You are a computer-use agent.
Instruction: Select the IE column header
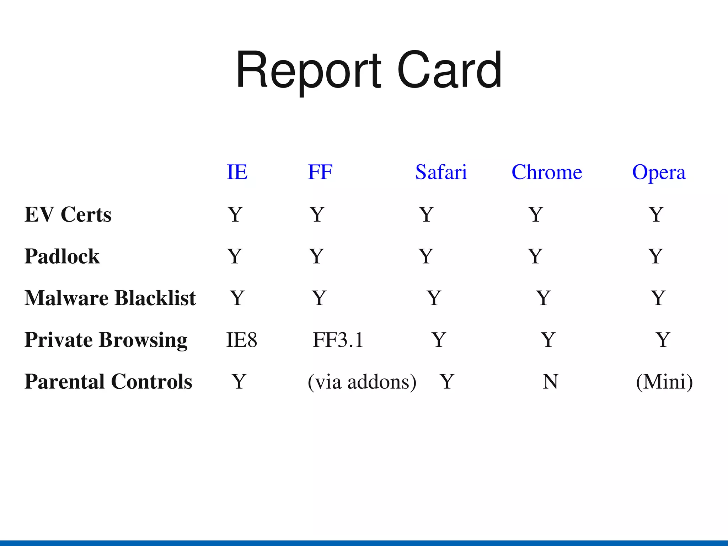pos(237,173)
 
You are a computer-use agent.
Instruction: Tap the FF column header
pos(320,173)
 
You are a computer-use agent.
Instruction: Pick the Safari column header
pos(441,173)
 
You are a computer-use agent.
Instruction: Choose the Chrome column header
pos(547,173)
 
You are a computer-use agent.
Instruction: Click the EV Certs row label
pos(68,214)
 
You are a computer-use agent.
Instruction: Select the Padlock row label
pos(62,256)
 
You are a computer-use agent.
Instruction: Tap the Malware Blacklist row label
pos(110,298)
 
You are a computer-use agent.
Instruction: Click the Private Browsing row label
pos(106,340)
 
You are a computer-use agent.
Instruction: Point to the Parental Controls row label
pos(108,382)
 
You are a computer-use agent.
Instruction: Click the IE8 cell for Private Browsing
pos(242,340)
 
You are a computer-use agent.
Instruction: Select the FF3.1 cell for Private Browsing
pos(338,340)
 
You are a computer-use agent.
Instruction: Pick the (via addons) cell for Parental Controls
pos(362,382)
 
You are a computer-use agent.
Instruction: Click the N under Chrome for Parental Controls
pos(551,382)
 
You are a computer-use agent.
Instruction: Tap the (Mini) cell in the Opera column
pos(664,382)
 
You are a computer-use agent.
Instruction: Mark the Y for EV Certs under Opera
pos(656,214)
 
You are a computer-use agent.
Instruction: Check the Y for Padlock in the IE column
pos(235,256)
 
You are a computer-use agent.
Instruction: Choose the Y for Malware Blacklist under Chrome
pos(543,298)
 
